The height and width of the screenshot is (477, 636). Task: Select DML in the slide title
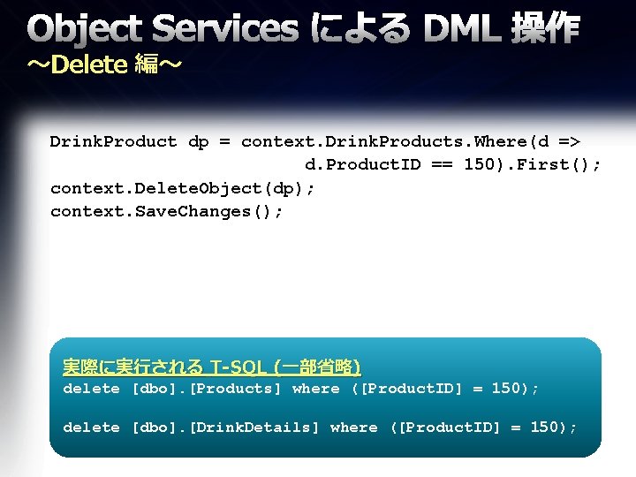tap(465, 30)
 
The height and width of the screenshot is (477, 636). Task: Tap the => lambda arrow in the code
tap(570, 141)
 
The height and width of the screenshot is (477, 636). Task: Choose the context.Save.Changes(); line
tap(167, 211)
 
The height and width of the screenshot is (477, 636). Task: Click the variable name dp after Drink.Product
tap(199, 141)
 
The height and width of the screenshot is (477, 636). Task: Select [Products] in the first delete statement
tap(236, 389)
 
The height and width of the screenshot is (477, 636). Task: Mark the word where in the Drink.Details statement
tap(353, 428)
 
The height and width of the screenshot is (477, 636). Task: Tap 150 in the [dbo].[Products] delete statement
tap(507, 389)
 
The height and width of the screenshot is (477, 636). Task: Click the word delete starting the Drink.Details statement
tap(91, 428)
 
